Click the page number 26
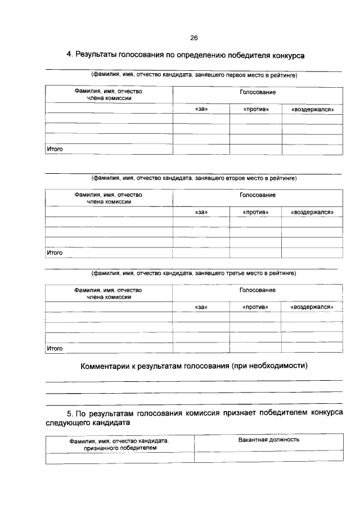(x=193, y=38)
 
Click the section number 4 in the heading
(x=69, y=55)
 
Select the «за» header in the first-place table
(x=201, y=109)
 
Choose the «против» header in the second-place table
(x=255, y=213)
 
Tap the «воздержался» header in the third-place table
(x=312, y=307)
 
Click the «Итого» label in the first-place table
(x=55, y=149)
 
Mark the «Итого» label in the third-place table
(x=55, y=348)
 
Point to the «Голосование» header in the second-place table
(x=257, y=195)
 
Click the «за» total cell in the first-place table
(x=201, y=149)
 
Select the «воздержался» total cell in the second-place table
(x=312, y=253)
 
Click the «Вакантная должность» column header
(x=268, y=439)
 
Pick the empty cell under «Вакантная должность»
(x=268, y=458)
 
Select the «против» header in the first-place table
(x=255, y=109)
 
